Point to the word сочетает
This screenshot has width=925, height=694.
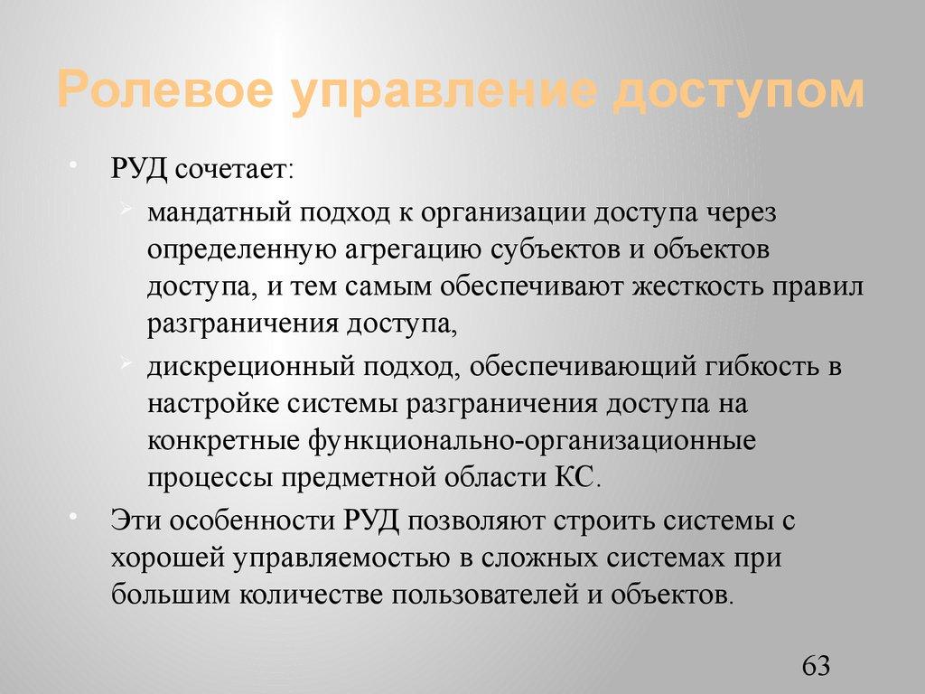tap(236, 169)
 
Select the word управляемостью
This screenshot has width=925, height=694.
tap(342, 558)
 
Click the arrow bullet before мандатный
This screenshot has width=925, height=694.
tap(126, 211)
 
